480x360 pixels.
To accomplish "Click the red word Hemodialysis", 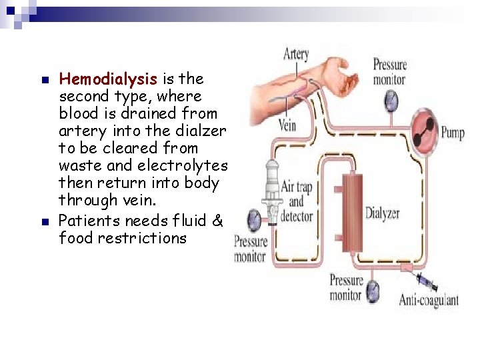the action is pyautogui.click(x=107, y=79).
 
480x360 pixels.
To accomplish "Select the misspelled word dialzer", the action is pyautogui.click(x=203, y=131).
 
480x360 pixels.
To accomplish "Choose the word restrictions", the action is pyautogui.click(x=142, y=238).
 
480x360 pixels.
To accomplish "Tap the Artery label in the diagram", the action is pyautogui.click(x=296, y=54).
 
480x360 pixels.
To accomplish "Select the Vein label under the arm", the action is pyautogui.click(x=287, y=124).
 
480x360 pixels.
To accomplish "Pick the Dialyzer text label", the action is pyautogui.click(x=382, y=214).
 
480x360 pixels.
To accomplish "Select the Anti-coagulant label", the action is pyautogui.click(x=429, y=300).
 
